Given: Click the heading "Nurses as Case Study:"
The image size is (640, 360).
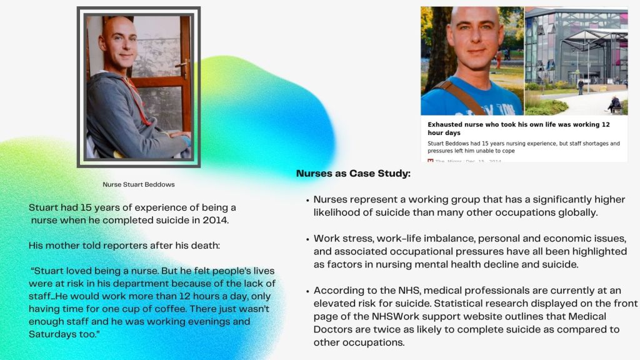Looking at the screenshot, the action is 353,174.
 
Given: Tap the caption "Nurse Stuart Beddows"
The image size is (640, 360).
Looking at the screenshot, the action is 138,184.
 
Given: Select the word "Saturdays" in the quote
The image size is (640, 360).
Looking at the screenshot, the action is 47,334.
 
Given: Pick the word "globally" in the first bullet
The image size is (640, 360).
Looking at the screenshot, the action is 579,212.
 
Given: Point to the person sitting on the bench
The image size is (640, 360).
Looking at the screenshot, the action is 614,104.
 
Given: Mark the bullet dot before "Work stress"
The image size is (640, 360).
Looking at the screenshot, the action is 307,239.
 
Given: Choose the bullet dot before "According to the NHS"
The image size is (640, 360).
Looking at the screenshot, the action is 307,291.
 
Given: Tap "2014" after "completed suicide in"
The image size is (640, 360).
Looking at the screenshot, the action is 216,221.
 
